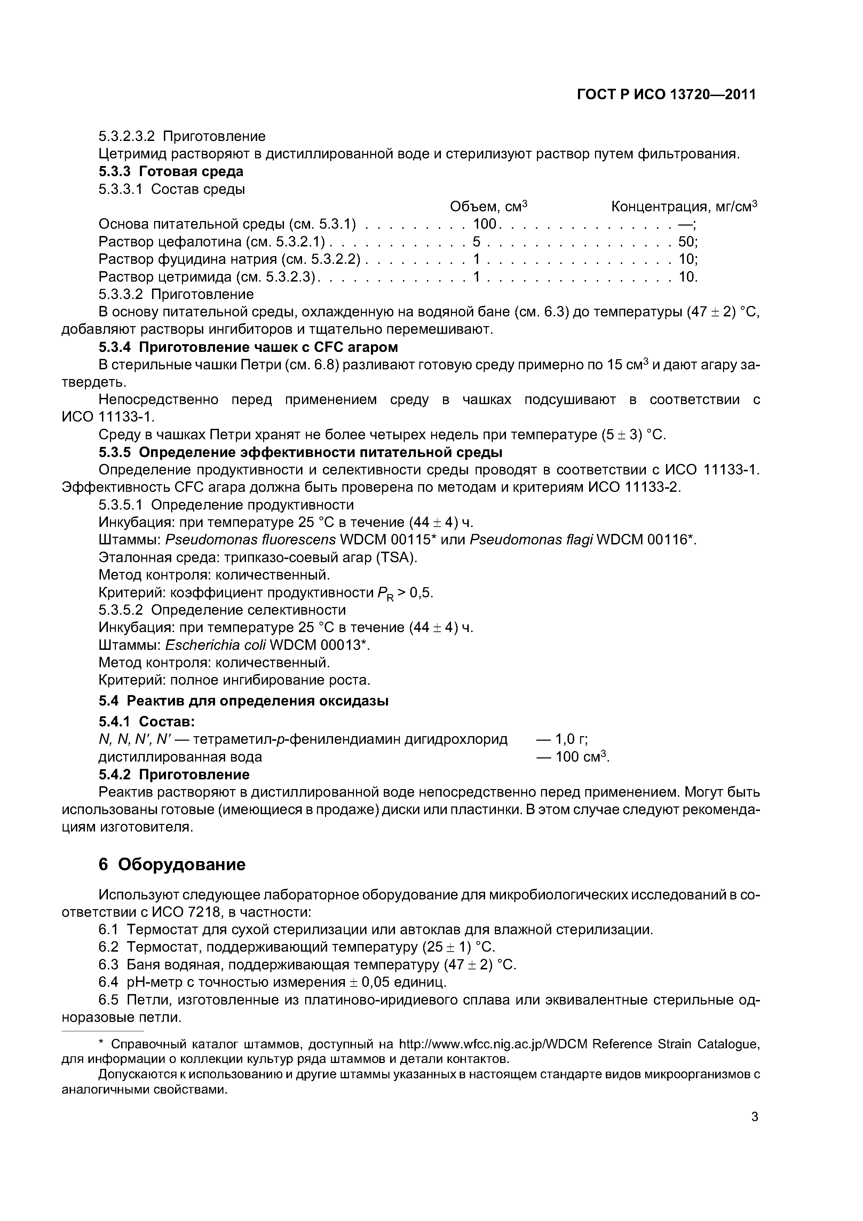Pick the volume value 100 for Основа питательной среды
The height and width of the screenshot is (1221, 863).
point(484,224)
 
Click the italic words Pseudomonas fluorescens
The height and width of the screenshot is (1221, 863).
point(251,540)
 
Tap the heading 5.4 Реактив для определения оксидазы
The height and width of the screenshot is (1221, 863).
point(244,701)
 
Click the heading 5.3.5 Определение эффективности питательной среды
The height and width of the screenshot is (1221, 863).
point(300,452)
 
